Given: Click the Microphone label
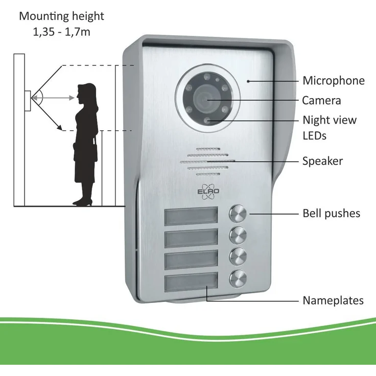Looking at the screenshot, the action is click(x=333, y=81).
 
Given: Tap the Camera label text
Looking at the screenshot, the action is click(x=321, y=101).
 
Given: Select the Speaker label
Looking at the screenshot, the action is click(x=322, y=161).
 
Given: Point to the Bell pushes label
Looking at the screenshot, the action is click(x=332, y=214).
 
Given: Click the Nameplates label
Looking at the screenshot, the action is click(x=333, y=300).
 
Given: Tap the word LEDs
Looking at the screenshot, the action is click(x=314, y=136).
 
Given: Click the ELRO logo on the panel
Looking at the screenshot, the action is click(x=208, y=192).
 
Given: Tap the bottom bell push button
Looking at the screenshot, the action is click(x=238, y=278).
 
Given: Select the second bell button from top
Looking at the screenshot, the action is click(x=238, y=235).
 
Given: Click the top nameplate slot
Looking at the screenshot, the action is click(x=191, y=216).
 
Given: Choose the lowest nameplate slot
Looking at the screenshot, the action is click(x=191, y=282).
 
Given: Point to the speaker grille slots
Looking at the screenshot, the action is click(x=207, y=162).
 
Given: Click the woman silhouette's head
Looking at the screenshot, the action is click(x=86, y=92).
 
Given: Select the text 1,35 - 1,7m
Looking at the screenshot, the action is click(x=61, y=32).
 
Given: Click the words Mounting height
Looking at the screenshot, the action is click(x=61, y=16).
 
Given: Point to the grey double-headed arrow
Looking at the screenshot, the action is click(x=53, y=98).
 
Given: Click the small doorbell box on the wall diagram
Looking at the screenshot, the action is click(x=28, y=101).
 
